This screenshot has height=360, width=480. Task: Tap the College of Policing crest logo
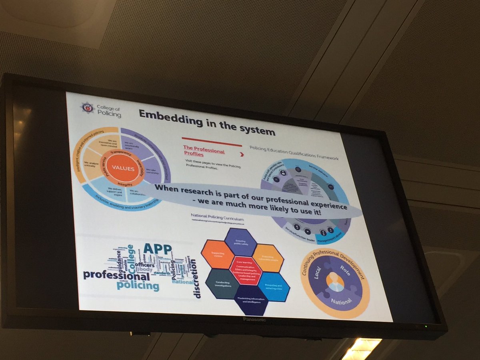click(x=87, y=108)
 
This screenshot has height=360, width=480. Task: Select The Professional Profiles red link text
click(x=203, y=150)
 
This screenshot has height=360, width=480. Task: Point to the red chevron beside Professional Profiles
click(x=241, y=154)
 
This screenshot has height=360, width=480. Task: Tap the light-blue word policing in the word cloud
click(x=138, y=286)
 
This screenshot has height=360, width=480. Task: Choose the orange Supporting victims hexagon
click(x=217, y=254)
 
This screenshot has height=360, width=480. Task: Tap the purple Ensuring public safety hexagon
click(x=240, y=241)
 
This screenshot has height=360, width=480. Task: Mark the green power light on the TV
click(x=426, y=326)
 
